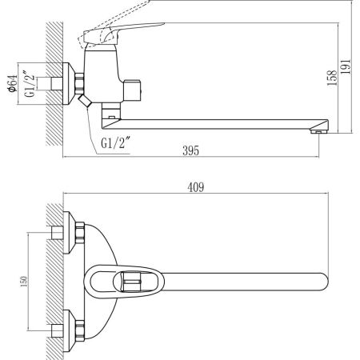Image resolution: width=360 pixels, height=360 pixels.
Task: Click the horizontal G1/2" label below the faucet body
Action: pyautogui.click(x=117, y=143)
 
